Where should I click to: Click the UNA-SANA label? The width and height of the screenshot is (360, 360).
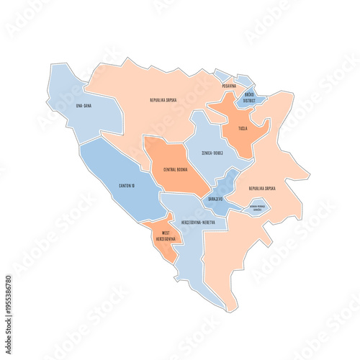pyautogui.click(x=83, y=106)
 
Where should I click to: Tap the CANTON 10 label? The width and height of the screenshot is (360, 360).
pyautogui.click(x=127, y=185)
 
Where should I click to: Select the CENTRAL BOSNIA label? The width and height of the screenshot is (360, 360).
pyautogui.click(x=176, y=169)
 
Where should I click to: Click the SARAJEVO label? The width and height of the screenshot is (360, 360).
pyautogui.click(x=215, y=198)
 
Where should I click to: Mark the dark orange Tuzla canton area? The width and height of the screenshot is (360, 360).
pyautogui.click(x=241, y=140)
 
